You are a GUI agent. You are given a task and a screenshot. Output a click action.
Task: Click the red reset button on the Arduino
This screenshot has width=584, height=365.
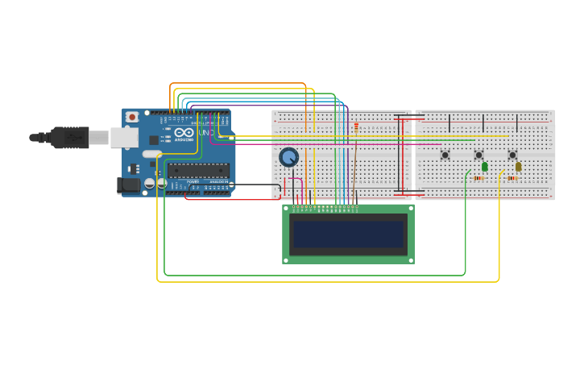point(132,117)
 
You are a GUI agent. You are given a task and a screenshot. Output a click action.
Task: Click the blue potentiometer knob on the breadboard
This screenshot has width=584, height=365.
point(288,157)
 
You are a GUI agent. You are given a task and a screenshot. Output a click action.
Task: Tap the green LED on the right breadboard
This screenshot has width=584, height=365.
point(484,167)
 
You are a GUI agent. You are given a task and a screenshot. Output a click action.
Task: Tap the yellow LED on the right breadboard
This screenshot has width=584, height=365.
point(518,167)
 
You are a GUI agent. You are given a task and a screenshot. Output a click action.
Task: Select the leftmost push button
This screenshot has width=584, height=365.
point(445,155)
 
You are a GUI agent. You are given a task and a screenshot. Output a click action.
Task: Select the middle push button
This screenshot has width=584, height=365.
point(478,155)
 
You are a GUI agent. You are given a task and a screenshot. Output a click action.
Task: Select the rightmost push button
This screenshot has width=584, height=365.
point(512,155)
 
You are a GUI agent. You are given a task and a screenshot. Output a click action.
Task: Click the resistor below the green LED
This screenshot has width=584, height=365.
point(478,178)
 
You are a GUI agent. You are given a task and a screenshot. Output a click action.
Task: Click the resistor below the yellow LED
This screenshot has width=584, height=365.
point(512,178)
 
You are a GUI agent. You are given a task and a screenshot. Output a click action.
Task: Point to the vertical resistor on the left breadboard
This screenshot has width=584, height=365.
point(356,127)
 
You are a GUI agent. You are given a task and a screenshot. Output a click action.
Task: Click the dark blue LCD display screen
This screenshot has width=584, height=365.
point(348,234)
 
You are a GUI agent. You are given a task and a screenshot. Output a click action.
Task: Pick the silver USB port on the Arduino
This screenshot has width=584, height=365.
point(124,138)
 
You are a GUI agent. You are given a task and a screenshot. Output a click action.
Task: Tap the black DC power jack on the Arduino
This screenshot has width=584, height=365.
point(129,185)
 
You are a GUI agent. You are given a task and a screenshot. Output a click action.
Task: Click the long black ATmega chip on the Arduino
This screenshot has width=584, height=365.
point(198,170)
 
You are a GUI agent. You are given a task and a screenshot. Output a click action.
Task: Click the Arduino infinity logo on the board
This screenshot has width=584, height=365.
point(184,132)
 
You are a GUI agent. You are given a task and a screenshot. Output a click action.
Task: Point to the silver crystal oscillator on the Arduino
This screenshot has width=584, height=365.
point(152,154)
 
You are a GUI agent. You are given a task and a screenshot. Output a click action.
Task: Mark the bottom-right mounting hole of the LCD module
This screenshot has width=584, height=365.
point(410,259)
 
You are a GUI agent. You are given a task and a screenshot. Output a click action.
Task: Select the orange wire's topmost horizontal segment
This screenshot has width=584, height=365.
point(238,83)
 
